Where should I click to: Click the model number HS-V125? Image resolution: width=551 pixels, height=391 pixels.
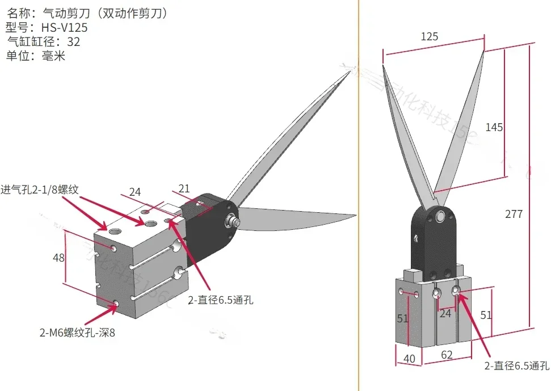pos(64,27)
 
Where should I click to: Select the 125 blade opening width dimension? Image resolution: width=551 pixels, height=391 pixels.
pos(430,37)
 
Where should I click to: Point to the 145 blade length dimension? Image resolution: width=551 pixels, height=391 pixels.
pos(494,127)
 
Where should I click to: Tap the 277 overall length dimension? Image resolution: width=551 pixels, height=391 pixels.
pos(513,214)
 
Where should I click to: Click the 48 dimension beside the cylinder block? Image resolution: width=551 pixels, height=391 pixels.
pos(58,258)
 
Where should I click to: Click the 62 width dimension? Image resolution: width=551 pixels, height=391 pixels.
pos(448,356)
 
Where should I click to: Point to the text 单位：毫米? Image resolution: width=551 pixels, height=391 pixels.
pos(36,56)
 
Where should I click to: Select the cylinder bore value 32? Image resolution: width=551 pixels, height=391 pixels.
pos(73,42)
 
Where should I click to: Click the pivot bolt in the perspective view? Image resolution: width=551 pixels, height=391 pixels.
pos(232,220)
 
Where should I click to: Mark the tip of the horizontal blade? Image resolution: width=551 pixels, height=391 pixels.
pos(355,216)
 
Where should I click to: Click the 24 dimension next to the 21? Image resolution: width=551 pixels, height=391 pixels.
pos(134,192)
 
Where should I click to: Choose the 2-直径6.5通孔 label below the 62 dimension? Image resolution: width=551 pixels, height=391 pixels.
pos(516,366)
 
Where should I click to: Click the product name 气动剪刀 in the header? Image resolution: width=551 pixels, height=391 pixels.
pos(63,12)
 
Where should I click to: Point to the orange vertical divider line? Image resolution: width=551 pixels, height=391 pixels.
pos(359,227)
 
